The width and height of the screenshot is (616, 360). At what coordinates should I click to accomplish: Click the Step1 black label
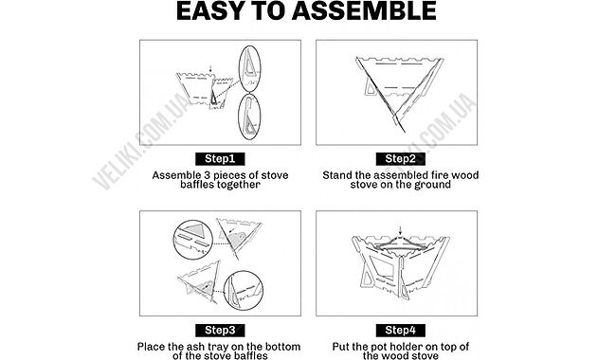(x=220, y=159)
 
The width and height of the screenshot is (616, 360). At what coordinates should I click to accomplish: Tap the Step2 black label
(x=400, y=159)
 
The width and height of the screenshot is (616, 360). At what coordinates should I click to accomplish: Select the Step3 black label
(x=220, y=331)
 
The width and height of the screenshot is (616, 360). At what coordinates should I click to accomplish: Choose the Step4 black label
(x=400, y=331)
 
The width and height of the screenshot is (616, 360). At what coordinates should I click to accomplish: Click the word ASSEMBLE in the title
(x=364, y=11)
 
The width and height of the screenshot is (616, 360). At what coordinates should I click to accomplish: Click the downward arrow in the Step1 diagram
(x=210, y=69)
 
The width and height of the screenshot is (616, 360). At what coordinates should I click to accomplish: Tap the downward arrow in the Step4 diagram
(x=400, y=230)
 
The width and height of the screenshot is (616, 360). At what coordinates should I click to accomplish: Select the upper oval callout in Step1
(x=250, y=69)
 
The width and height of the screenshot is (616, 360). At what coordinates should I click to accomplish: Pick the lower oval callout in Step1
(x=249, y=117)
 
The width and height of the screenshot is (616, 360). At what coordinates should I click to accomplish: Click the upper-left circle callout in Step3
(x=193, y=240)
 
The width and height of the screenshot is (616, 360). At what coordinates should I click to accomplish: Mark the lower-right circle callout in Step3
(x=244, y=291)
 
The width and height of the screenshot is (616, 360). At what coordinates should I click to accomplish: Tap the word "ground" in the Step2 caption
(x=431, y=185)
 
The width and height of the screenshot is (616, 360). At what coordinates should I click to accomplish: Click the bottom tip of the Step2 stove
(x=405, y=133)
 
